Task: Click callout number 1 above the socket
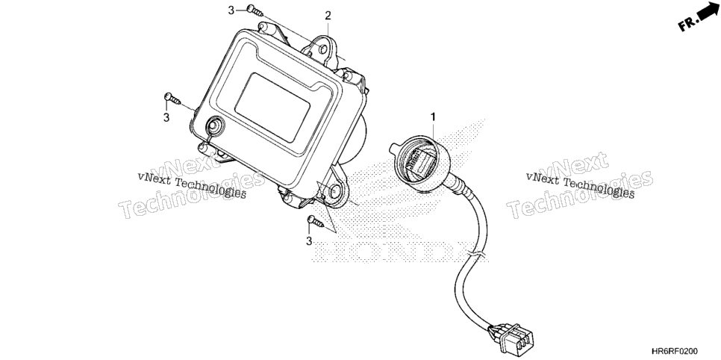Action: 433,117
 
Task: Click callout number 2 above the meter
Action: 328,16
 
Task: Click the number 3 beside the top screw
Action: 231,10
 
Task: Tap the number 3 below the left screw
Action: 166,118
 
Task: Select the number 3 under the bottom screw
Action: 309,241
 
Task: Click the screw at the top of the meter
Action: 255,10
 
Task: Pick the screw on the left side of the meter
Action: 172,98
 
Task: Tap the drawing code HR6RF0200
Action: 675,352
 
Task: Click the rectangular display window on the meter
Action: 272,108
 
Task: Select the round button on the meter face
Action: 215,125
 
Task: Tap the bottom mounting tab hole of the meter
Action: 336,192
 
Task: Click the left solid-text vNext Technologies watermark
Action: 192,185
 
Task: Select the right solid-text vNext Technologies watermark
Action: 580,185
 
